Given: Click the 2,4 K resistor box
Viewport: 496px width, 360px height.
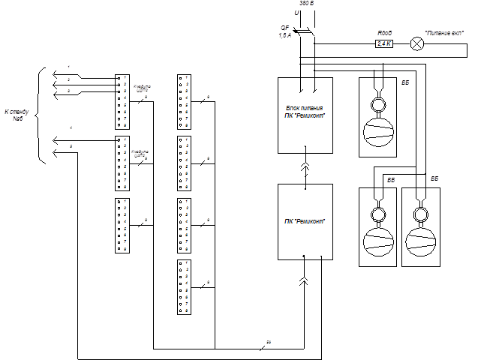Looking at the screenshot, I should pyautogui.click(x=385, y=44).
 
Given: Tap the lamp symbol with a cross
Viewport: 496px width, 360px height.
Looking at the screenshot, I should pyautogui.click(x=416, y=43).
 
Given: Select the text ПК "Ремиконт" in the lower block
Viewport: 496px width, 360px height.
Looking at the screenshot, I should pyautogui.click(x=305, y=220).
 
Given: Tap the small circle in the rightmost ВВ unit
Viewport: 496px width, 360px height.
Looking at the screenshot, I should pyautogui.click(x=421, y=215).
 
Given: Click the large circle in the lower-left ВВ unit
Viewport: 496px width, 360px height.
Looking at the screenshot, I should pyautogui.click(x=378, y=242).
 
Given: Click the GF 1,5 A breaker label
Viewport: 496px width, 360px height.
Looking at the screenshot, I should pyautogui.click(x=284, y=31).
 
